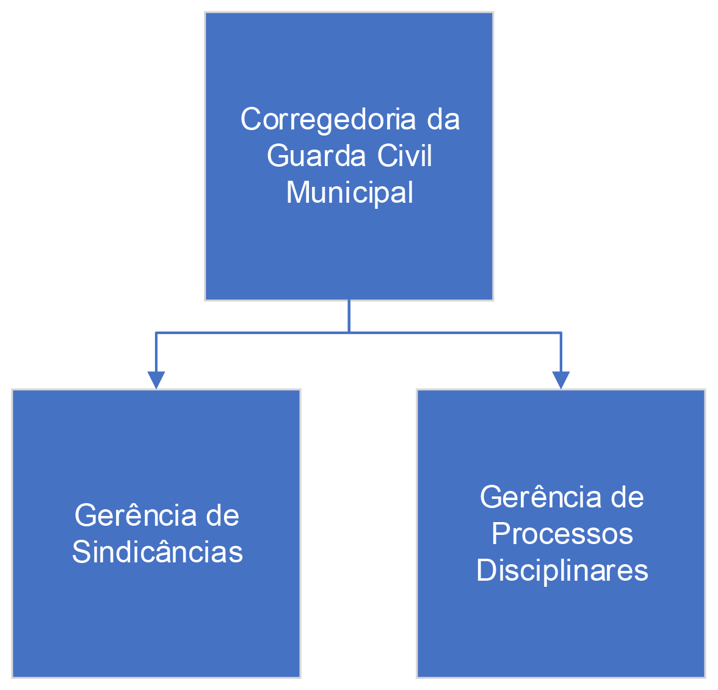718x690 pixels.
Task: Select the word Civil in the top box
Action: point(404,156)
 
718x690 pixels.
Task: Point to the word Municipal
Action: point(350,193)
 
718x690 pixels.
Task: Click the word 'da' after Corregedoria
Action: point(443,120)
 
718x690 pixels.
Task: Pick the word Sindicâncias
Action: point(158,552)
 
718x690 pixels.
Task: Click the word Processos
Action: point(562,534)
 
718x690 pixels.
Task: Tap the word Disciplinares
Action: point(562,570)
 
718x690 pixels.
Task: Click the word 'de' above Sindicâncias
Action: point(222,515)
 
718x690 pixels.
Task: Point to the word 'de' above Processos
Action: point(628,497)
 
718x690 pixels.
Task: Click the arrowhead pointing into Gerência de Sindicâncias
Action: point(156,380)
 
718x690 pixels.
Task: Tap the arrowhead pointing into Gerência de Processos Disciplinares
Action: point(560,380)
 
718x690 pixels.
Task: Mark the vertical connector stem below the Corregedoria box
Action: point(349,316)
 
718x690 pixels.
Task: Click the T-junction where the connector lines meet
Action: point(349,332)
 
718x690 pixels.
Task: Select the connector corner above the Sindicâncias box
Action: point(156,333)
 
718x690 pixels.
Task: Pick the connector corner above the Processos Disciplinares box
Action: point(560,333)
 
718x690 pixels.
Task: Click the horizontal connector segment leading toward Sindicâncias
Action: point(250,332)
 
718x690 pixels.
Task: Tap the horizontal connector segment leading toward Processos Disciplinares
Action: point(455,332)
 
